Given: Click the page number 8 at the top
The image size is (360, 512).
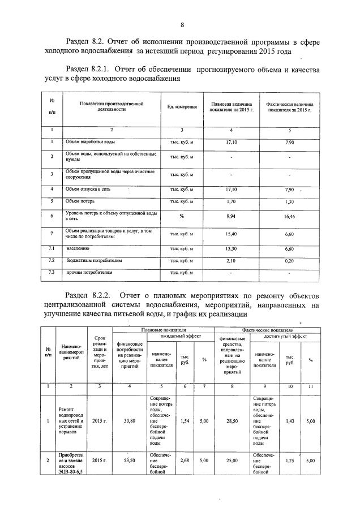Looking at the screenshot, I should (x=182, y=24).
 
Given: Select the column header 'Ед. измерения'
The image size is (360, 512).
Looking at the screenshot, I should (x=182, y=107).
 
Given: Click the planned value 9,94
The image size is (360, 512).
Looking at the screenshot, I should (x=231, y=216).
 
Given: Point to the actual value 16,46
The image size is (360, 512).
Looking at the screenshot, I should (x=290, y=216).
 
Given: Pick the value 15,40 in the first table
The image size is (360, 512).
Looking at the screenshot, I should (x=231, y=234).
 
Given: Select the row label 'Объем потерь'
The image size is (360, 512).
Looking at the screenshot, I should (x=80, y=201).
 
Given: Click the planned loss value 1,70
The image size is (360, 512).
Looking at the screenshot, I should (x=231, y=201).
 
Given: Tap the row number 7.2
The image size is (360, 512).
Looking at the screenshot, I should (x=52, y=260).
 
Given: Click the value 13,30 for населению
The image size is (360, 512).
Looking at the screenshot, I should (x=231, y=248).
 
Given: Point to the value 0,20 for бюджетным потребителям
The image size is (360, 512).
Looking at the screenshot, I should (x=290, y=261).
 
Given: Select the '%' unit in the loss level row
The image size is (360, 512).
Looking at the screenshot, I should (x=182, y=216).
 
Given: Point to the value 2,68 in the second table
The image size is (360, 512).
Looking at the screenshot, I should (x=185, y=461).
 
